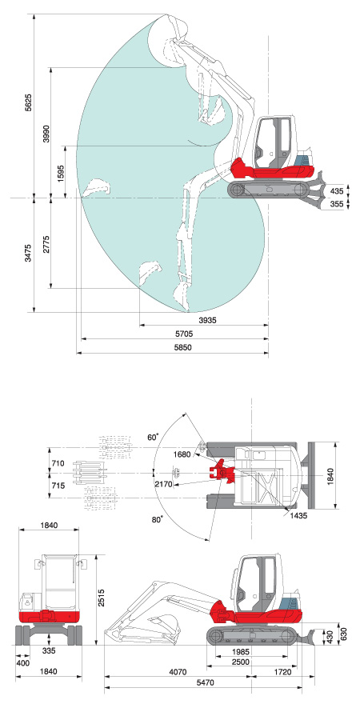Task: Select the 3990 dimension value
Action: [46, 133]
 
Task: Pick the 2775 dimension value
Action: [46, 245]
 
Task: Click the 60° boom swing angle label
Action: [153, 437]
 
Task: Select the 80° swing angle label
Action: [158, 520]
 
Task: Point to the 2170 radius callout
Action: [164, 484]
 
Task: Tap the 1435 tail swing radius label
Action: [298, 516]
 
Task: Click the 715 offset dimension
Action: [58, 486]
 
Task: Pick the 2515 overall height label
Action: [102, 598]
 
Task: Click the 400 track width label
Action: [22, 663]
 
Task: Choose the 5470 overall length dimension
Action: [205, 682]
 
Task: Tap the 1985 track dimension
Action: [241, 652]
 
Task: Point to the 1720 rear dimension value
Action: [282, 672]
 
